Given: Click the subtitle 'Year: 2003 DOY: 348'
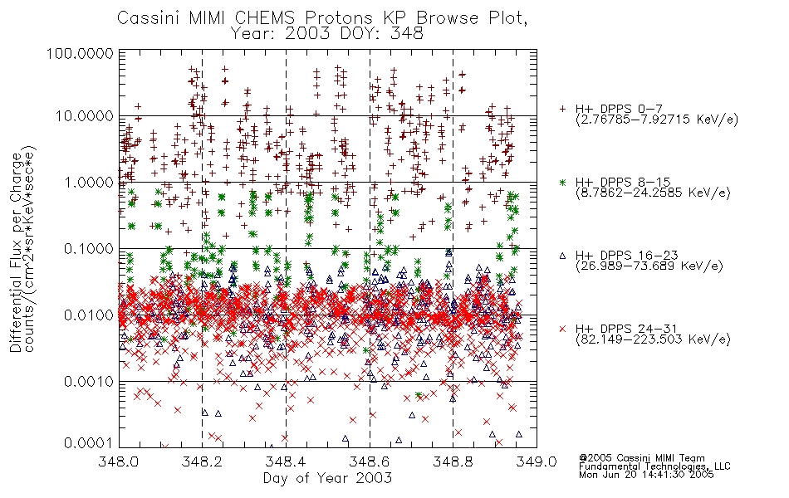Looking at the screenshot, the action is [x=326, y=34].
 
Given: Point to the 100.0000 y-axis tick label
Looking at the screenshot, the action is [x=81, y=53].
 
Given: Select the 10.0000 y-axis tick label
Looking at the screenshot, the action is [x=85, y=116].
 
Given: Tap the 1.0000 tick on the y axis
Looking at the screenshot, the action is [x=89, y=182].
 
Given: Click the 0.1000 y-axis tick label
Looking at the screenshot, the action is [x=89, y=248].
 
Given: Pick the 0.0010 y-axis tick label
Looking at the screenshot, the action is [x=89, y=381].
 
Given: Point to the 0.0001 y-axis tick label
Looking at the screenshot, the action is [x=89, y=443].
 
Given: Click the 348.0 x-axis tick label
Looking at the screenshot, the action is [x=119, y=461].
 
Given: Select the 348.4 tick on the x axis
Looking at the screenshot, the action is [x=286, y=461].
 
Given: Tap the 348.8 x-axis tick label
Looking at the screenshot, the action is [x=453, y=461].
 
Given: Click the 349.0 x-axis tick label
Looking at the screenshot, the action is [x=537, y=461].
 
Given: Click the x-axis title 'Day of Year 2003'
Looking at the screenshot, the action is [x=327, y=478].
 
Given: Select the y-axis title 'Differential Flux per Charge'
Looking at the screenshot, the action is [x=16, y=252].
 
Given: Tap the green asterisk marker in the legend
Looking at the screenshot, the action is [x=562, y=182].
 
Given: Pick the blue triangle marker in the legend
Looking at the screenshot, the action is [x=562, y=256].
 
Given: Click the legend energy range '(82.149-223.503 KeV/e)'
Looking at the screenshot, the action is [x=653, y=339].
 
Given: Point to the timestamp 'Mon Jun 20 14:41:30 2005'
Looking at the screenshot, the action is [x=646, y=475].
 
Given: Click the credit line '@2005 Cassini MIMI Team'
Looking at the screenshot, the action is [x=641, y=458].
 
